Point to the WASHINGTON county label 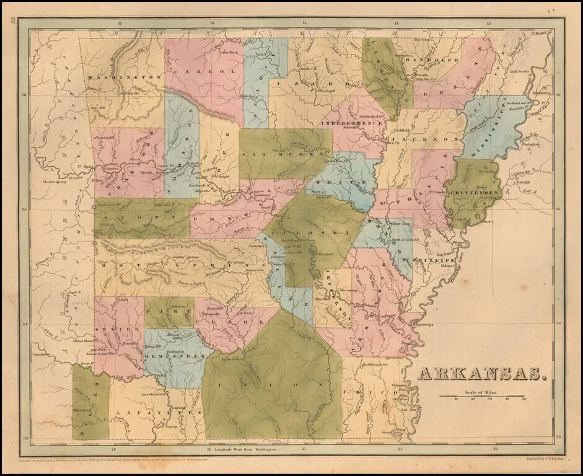(125, 77)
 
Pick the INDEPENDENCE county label (351, 123)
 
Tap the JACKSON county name (427, 140)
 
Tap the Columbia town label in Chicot (401, 385)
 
